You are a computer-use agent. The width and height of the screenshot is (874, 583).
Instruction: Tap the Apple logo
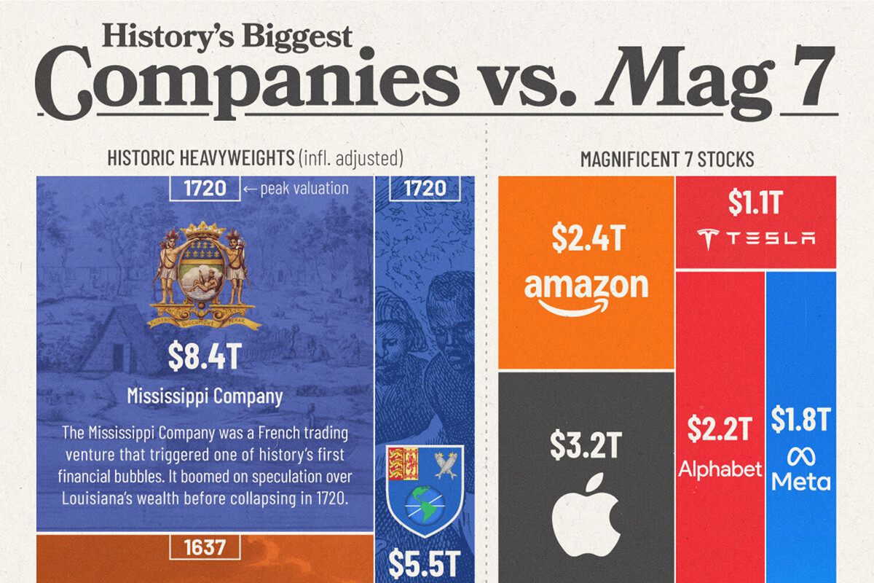tap(586, 507)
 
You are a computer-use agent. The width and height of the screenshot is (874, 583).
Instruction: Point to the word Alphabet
tap(720, 469)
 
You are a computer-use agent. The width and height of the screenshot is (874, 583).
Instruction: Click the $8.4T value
tap(205, 356)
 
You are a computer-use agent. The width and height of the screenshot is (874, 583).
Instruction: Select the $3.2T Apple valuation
tap(585, 446)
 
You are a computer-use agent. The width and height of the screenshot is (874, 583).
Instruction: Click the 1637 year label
tap(205, 547)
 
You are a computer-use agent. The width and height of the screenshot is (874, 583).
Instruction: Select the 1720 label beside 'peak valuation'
tap(205, 189)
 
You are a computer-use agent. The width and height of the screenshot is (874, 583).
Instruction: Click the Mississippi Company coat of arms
tap(205, 274)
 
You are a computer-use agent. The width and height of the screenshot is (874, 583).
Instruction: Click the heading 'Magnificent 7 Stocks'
tap(666, 159)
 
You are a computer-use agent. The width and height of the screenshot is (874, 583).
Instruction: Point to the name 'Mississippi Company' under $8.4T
tap(205, 396)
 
